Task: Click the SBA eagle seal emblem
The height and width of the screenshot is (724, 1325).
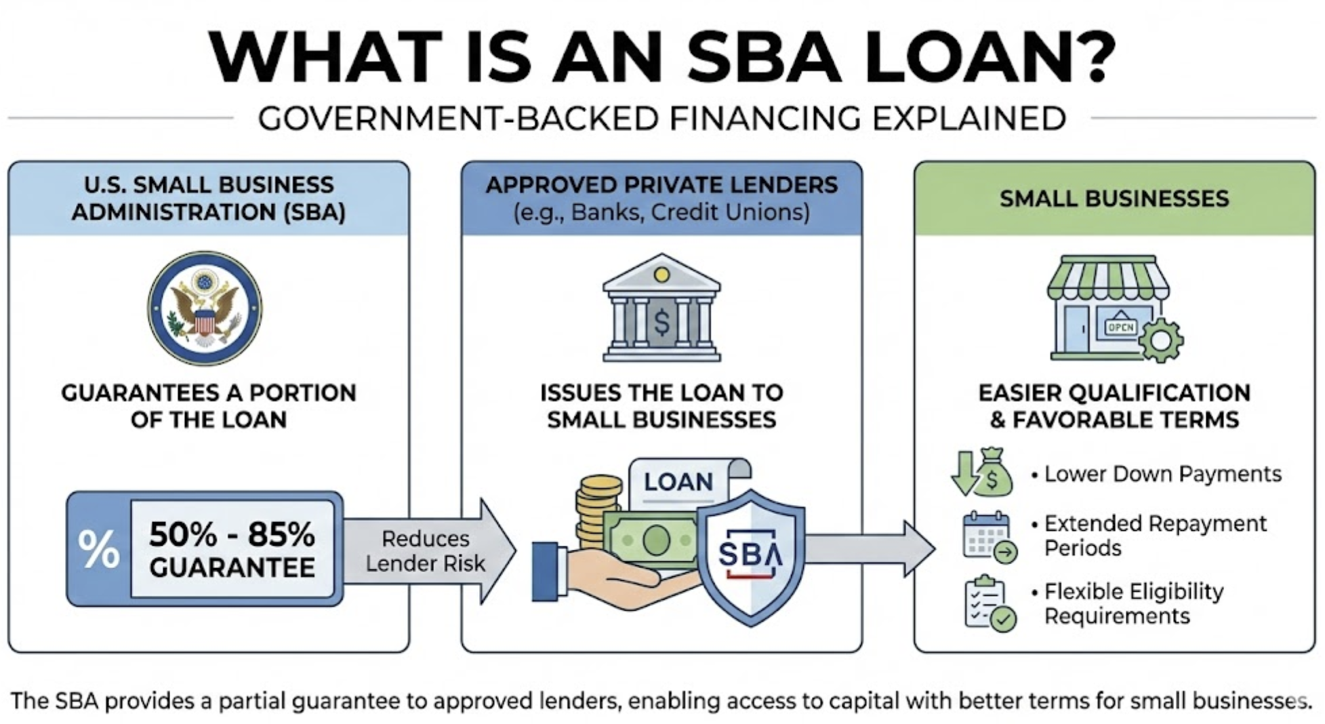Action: (205, 308)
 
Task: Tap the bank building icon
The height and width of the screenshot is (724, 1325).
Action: (661, 308)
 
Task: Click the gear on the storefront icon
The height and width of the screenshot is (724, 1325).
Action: (1161, 340)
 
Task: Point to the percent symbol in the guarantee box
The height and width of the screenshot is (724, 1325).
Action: (99, 548)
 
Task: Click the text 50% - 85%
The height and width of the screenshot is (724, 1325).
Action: (232, 534)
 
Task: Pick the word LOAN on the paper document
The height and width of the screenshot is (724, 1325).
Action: (678, 482)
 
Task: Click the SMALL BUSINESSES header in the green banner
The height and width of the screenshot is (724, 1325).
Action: (1114, 199)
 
